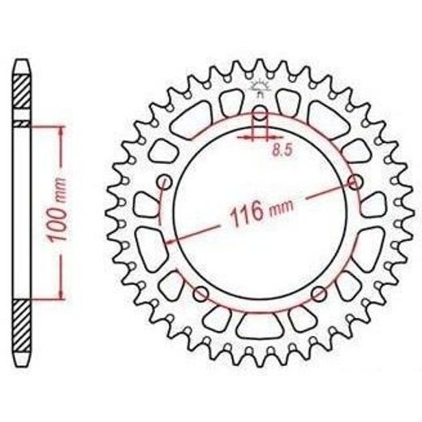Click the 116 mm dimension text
[261, 212]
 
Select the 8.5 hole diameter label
[282, 150]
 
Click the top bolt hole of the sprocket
[260, 114]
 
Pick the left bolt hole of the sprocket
[165, 182]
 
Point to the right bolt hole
[355, 182]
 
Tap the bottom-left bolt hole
[201, 294]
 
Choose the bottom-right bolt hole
[318, 294]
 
